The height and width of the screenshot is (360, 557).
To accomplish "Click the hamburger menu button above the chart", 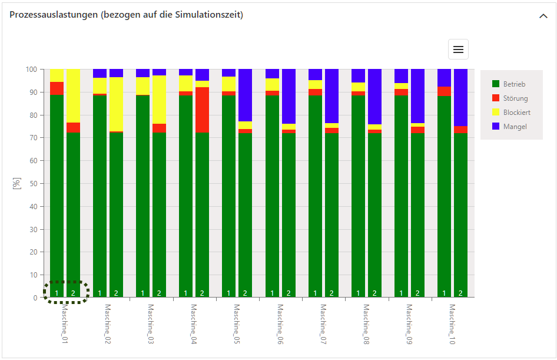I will click(x=458, y=50).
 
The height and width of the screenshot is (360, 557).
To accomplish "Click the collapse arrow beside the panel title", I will click(x=543, y=16).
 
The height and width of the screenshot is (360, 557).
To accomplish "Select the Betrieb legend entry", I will click(x=514, y=84).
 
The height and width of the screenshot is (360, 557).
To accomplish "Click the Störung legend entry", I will click(x=515, y=98).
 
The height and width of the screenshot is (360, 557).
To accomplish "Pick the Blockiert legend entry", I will click(x=516, y=112).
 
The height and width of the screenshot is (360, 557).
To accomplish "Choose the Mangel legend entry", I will click(x=515, y=126).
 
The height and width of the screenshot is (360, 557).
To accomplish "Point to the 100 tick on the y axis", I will click(x=31, y=70).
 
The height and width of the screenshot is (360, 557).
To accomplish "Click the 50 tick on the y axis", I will click(x=33, y=184).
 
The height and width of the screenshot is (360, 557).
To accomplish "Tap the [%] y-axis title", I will click(x=16, y=183).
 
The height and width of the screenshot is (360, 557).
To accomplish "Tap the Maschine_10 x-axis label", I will click(x=452, y=324).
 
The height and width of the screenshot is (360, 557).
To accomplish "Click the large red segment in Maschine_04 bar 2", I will click(x=202, y=110).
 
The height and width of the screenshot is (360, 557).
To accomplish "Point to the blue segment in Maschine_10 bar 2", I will click(x=460, y=97).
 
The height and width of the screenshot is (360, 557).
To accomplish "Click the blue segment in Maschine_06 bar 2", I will click(x=289, y=96).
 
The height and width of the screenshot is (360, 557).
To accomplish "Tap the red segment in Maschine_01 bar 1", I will click(x=57, y=88).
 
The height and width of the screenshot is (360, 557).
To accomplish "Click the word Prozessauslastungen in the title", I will click(x=53, y=15).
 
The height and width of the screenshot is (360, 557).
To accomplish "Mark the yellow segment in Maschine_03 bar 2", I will click(x=159, y=100).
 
